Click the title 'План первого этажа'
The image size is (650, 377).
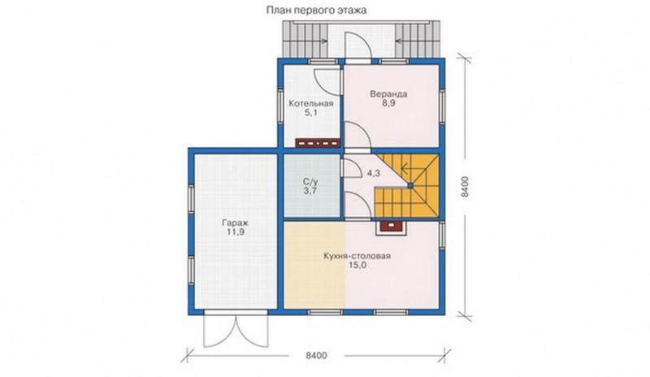[316, 11]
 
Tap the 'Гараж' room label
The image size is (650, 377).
[235, 223]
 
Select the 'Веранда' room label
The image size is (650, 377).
[388, 93]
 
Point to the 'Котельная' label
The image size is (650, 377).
[311, 103]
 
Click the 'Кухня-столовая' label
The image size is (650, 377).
[357, 256]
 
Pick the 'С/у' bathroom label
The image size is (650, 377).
[310, 182]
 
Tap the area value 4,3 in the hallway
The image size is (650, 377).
[374, 173]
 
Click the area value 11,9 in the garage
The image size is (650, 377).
[235, 232]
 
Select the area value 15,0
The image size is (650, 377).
[357, 266]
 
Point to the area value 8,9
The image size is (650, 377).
[388, 103]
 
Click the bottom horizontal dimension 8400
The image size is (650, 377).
[316, 355]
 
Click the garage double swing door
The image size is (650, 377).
[236, 331]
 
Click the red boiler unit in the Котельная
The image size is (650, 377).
[318, 143]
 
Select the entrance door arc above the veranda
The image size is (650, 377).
[357, 45]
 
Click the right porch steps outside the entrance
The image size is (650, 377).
[418, 39]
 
